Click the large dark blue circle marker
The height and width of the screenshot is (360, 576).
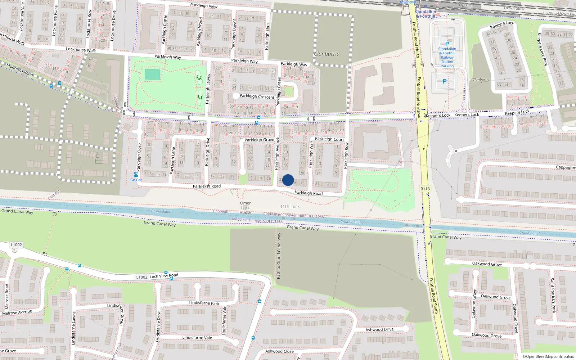point(288,180)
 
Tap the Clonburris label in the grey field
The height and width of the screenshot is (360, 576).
point(326,54)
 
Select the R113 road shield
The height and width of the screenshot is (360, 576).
point(425,189)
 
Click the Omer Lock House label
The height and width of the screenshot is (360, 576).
point(246,208)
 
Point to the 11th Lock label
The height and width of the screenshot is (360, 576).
point(290,207)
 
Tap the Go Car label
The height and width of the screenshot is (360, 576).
point(136,180)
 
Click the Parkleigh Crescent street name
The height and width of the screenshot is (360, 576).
point(257,96)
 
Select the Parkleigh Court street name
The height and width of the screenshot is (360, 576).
point(329,139)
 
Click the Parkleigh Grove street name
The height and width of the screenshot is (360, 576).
point(259,140)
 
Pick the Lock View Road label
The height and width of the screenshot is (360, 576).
point(164,276)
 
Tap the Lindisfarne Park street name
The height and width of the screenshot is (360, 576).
point(204,303)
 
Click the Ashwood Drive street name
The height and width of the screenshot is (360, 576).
point(379,329)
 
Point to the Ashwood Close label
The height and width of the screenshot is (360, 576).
point(279,351)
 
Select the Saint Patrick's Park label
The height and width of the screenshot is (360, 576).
point(553,295)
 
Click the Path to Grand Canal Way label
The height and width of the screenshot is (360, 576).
point(279,256)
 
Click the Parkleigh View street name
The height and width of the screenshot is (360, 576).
point(204,5)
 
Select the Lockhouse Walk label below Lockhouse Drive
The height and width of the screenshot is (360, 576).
point(81,50)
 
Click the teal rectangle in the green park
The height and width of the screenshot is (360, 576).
point(152,75)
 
